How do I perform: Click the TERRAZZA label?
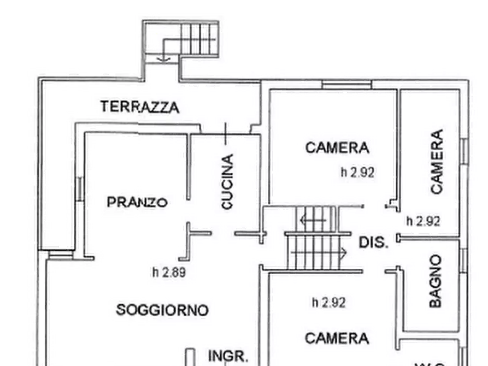tap(139, 107)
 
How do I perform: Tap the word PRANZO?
tap(137, 202)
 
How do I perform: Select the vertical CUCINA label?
tap(227, 181)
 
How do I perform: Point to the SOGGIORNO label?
tap(162, 310)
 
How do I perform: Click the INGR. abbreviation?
tap(228, 356)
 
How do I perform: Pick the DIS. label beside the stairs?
tap(374, 243)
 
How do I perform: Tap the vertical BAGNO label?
tap(436, 281)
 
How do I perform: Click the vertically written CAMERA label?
tap(437, 162)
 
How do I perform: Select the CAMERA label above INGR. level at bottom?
tap(337, 338)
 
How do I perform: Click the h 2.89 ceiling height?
tap(169, 273)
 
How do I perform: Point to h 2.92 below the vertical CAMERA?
tap(424, 221)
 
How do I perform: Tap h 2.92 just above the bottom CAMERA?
tap(328, 303)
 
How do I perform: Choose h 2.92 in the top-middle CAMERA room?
tap(357, 172)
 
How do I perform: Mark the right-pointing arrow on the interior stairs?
tap(319, 252)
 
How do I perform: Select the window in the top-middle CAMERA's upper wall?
tap(346, 85)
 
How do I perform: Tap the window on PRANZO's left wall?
tap(80, 188)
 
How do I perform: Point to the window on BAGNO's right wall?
tap(463, 261)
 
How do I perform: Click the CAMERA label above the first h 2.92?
tap(337, 147)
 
